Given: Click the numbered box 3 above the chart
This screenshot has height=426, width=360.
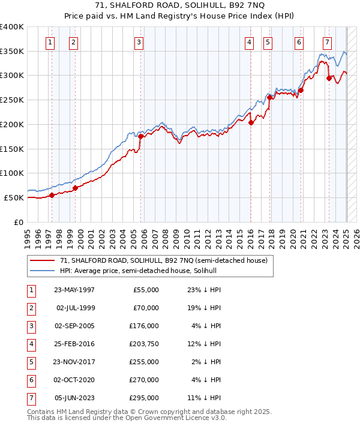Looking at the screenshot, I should click(139, 42).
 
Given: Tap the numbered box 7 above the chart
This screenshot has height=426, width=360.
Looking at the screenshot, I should click(327, 42).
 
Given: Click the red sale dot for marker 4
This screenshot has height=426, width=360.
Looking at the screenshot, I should click(251, 122).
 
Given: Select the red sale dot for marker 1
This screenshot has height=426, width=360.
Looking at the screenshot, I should click(52, 195).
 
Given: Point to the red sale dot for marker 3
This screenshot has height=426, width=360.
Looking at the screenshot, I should click(141, 136).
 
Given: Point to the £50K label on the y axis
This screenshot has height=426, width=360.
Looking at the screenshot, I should click(14, 197).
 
